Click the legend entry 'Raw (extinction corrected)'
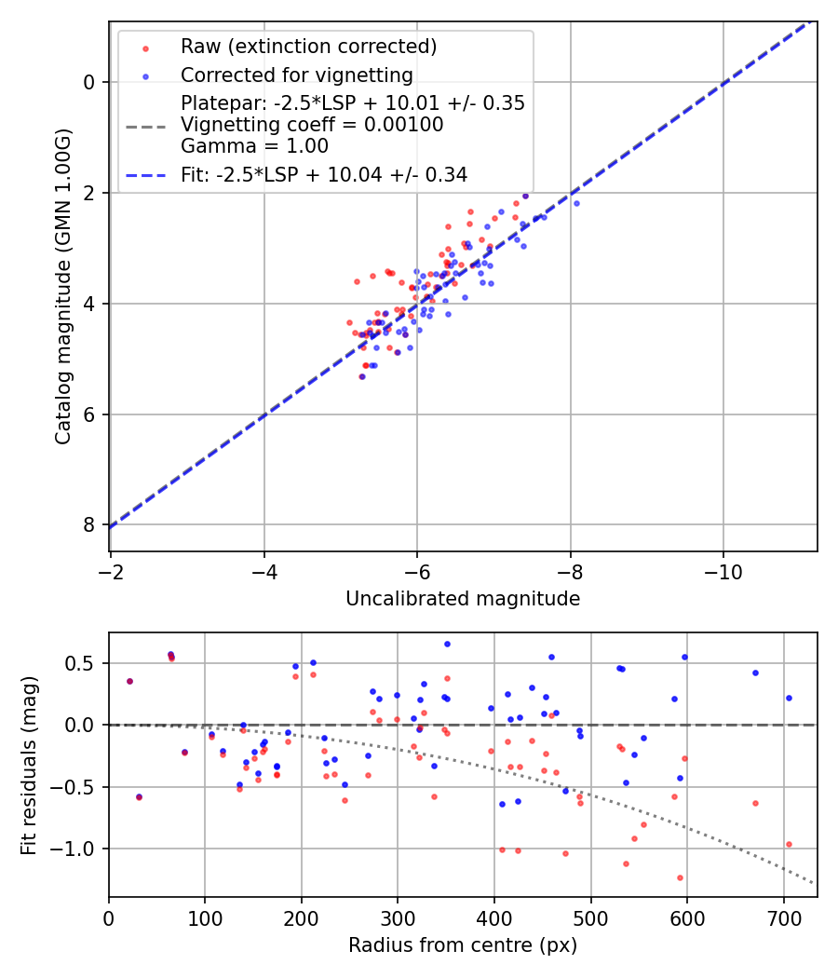[308, 46]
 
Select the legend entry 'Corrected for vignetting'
[296, 75]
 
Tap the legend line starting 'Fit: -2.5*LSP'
[323, 174]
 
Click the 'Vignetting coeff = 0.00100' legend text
[312, 124]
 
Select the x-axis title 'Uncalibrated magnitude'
[463, 599]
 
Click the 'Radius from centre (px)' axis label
[463, 945]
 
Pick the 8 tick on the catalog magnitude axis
[90, 525]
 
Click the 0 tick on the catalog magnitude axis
[90, 82]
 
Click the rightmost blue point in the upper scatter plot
[576, 203]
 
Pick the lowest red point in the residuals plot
[680, 877]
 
